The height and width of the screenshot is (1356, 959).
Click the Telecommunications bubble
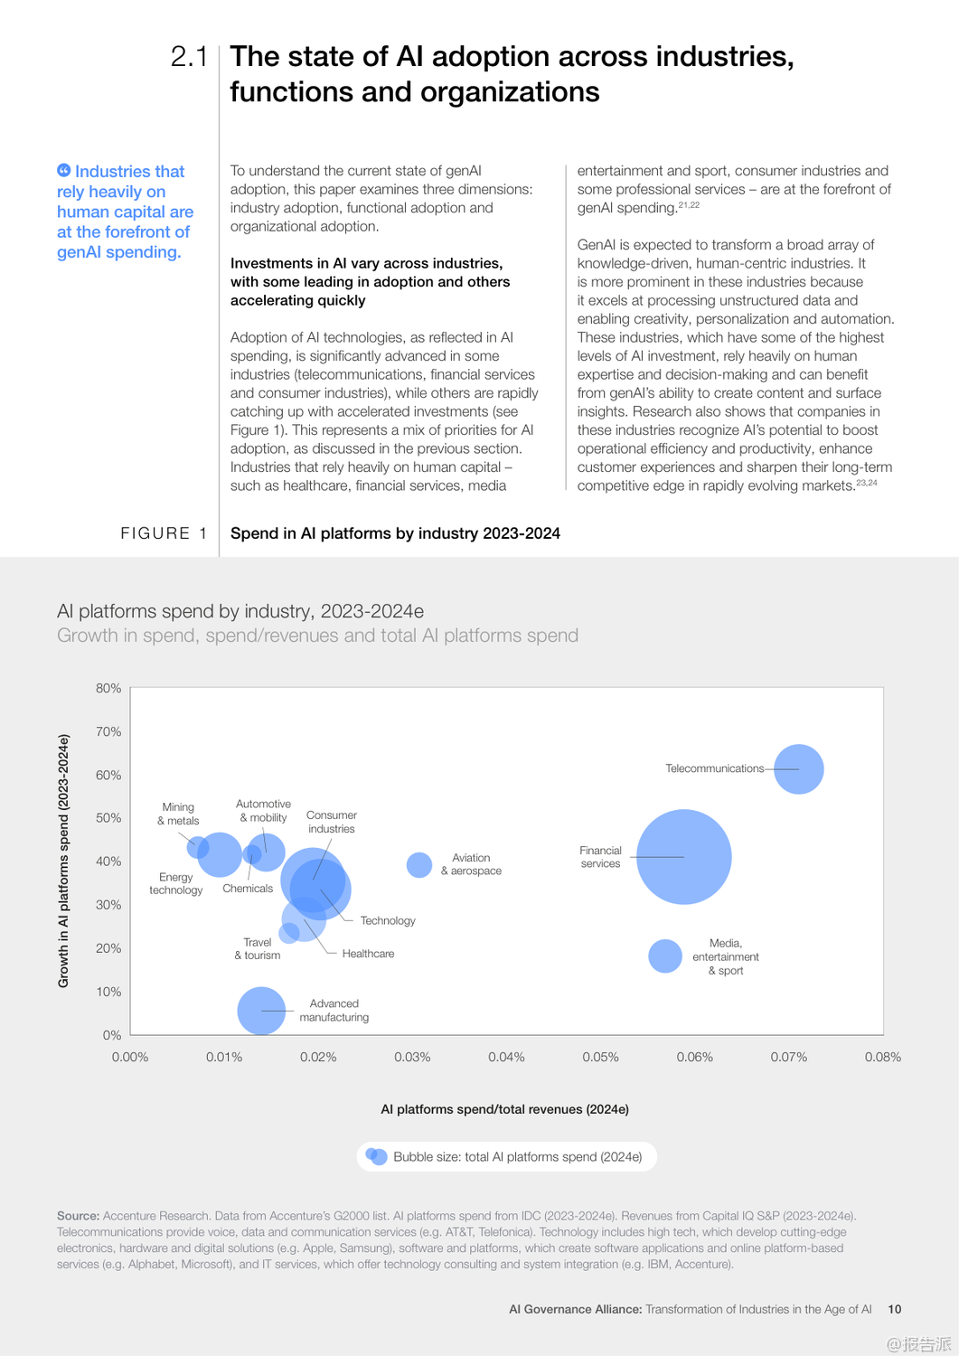pos(799,769)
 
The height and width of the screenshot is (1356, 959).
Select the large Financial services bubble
pos(683,856)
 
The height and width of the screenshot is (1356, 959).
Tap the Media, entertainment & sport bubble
pos(665,956)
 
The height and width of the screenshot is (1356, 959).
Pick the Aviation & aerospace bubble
pos(418,865)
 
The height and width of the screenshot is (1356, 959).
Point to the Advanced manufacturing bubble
pos(261,1011)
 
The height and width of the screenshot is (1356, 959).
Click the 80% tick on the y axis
pos(108,688)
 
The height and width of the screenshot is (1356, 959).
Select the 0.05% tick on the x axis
pos(600,1057)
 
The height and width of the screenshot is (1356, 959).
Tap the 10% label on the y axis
pos(108,992)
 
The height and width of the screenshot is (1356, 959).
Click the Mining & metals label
pos(178,814)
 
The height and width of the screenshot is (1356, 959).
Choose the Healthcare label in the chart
pos(368,954)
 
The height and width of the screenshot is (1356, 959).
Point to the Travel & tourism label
pos(258,948)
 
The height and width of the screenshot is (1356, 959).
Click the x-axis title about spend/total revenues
pos(504,1109)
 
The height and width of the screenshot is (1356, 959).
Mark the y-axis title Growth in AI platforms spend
pos(63,861)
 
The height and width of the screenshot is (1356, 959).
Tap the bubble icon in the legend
pos(376,1156)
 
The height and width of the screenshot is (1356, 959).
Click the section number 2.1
pos(189,57)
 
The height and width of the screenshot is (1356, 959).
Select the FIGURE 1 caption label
pos(164,533)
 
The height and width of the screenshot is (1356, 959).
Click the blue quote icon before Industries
pos(63,171)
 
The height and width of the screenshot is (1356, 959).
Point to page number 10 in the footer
pos(895,1309)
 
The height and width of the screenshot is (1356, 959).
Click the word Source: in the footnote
pos(78,1216)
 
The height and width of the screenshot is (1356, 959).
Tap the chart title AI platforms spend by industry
pos(240,611)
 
